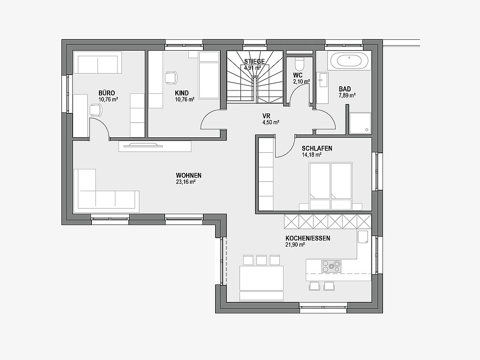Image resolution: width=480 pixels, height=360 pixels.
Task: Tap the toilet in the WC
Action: [x=299, y=64]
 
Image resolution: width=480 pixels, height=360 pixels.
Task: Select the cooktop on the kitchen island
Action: [x=331, y=266]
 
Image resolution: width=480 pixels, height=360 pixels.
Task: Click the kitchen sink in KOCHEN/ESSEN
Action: [x=363, y=237]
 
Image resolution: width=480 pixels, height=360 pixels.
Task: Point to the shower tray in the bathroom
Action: [x=360, y=123]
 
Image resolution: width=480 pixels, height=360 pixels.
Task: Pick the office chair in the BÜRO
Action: [x=96, y=110]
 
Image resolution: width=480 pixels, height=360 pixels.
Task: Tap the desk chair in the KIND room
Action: [x=172, y=77]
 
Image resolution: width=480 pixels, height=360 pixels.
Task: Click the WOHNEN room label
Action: [x=188, y=175]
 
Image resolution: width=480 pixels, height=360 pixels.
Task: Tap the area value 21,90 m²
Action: [x=295, y=245]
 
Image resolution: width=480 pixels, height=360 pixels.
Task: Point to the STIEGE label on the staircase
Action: [x=254, y=62]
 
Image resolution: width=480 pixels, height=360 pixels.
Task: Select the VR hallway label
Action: [x=266, y=116]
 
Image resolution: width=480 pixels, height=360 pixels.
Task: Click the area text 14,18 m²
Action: [x=312, y=155]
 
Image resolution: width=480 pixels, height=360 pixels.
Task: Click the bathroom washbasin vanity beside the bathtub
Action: [x=322, y=88]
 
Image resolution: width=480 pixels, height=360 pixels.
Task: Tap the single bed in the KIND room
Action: [x=209, y=75]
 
